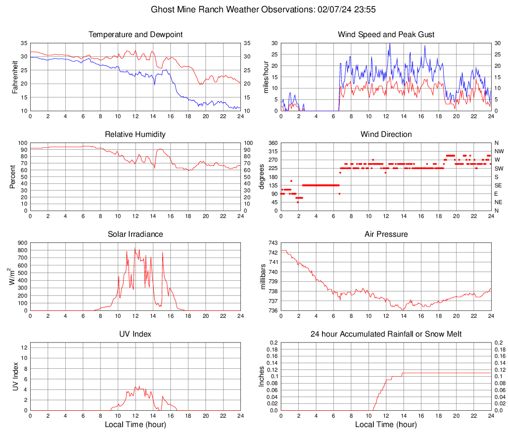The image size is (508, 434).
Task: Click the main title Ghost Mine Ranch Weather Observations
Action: point(254,9)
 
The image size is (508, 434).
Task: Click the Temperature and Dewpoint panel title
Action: point(135,35)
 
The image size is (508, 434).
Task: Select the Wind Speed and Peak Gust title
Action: point(386,35)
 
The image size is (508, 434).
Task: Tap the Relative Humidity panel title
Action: point(135,134)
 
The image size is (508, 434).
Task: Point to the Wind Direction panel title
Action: point(386,134)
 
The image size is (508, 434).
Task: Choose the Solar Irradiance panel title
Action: point(135,234)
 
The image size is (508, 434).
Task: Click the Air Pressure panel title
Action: point(386,234)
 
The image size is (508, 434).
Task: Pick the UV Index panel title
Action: point(135,334)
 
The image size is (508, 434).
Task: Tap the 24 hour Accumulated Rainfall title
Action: point(386,334)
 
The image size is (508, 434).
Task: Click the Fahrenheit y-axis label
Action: point(15,77)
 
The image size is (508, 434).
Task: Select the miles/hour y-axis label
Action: point(266,77)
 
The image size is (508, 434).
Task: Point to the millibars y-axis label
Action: point(263,277)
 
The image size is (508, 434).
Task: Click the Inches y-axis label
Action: point(262,377)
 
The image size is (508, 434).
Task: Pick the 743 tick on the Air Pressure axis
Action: point(273,243)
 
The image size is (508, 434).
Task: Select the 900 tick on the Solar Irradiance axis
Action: point(22,243)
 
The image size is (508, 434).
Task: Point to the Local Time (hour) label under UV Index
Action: point(135,425)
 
